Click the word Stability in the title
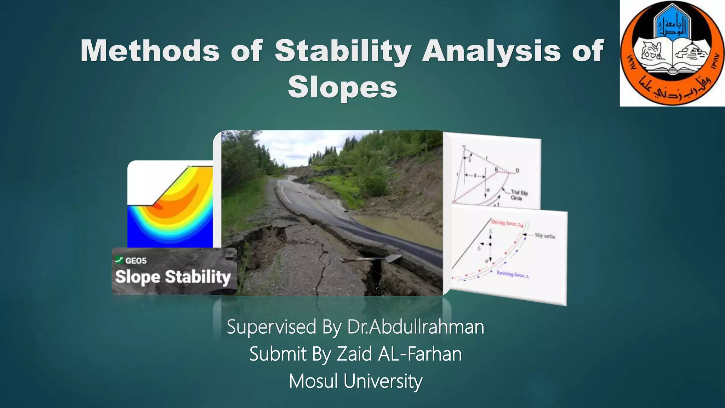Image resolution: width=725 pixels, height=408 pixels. pos(343,51)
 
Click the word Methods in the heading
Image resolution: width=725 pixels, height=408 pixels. pos(150,51)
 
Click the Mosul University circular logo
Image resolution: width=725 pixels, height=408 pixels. pos(672,53)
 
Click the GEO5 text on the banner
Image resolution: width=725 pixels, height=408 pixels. pos(136,261)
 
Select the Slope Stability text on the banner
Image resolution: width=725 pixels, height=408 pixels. pos(173,277)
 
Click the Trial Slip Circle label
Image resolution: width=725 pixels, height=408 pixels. pos(519,195)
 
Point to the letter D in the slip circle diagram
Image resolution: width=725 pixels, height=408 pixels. pos(517,171)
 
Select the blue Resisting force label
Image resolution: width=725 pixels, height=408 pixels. pos(512,274)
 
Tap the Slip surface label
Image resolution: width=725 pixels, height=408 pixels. pos(545,236)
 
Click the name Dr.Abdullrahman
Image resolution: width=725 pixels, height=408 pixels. pos(415,327)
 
